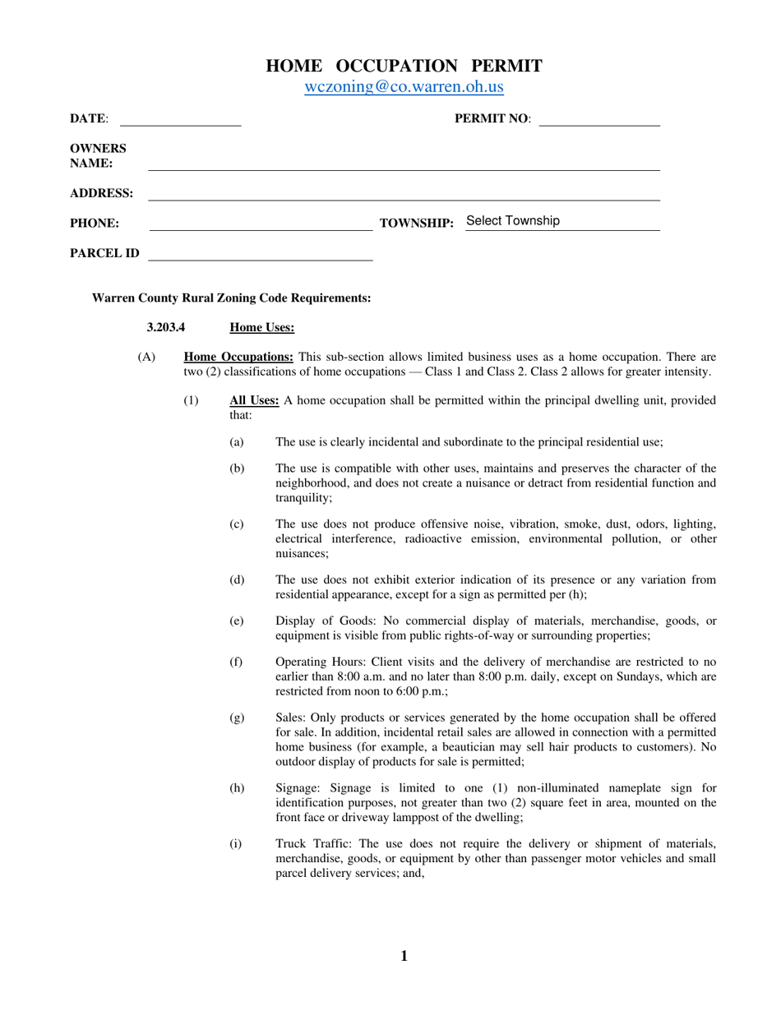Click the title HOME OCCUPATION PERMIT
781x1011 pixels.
(404, 67)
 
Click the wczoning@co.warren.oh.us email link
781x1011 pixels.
(404, 87)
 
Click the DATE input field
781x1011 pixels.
(180, 118)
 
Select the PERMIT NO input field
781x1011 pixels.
(599, 118)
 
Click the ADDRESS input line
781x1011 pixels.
(403, 193)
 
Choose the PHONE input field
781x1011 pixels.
(260, 223)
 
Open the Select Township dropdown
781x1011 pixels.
(562, 221)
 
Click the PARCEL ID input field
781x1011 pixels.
(260, 253)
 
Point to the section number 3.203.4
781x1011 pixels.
(165, 327)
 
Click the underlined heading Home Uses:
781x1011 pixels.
(261, 327)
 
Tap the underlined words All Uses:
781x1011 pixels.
(254, 400)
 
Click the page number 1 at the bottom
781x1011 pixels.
(404, 956)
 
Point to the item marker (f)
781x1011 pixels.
(237, 662)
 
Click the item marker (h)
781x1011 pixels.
(237, 787)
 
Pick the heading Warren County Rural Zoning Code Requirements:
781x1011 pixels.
(231, 298)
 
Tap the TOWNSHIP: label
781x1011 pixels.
(417, 224)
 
